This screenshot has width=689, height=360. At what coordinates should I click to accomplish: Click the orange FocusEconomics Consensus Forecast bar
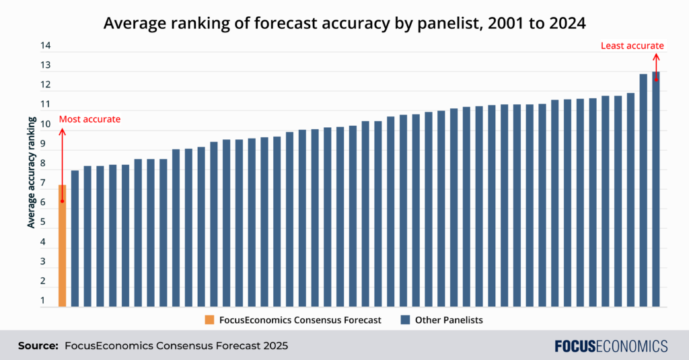[x=62, y=246]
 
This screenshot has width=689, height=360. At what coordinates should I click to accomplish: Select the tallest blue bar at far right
[x=655, y=188]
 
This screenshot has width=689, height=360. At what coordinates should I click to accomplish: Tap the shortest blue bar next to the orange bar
[x=75, y=239]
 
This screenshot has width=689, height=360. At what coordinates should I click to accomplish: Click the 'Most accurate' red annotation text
[x=89, y=119]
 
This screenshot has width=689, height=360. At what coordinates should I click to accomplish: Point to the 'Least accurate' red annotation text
[x=632, y=46]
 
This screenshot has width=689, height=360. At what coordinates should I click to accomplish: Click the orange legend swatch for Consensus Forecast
[x=211, y=320]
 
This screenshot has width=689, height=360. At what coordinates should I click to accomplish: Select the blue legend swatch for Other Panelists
[x=405, y=320]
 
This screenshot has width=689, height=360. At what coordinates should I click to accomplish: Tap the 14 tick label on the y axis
[x=45, y=46]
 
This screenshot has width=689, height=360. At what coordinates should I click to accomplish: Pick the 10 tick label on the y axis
[x=45, y=124]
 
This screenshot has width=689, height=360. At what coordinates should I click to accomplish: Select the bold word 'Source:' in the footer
[x=38, y=346]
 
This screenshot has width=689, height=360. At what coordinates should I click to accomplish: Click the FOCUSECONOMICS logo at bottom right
[x=611, y=346]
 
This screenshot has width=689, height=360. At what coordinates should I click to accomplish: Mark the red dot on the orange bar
[x=62, y=201]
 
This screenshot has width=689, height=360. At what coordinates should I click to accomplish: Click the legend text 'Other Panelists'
[x=449, y=320]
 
